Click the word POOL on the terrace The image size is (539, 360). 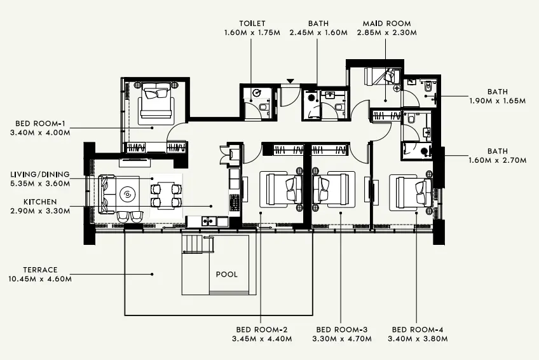pos(227,275)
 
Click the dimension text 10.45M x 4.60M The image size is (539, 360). pos(39,279)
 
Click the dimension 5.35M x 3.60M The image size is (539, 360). pos(40,183)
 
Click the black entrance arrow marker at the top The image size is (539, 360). pos(290,81)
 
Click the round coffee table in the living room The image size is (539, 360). pos(128,193)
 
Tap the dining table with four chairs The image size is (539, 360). pos(166,195)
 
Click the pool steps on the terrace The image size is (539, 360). pos(196,244)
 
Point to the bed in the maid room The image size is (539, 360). pos(379,76)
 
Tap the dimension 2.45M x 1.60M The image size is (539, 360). pos(318,32)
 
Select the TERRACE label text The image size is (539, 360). pos(39,270)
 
